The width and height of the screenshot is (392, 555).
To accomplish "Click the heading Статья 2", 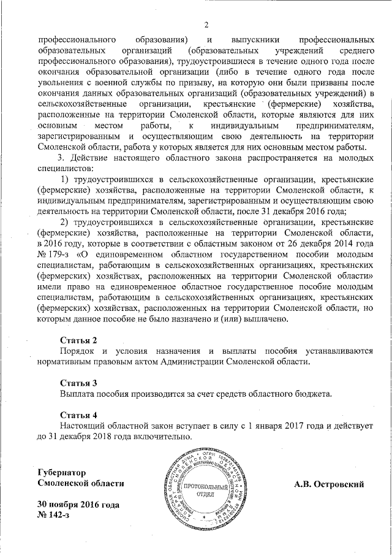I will [78, 340].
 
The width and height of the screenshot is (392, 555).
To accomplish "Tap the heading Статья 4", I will [78, 414].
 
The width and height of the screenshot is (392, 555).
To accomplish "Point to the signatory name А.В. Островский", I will [329, 484].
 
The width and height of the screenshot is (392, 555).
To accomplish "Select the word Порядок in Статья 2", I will [77, 351].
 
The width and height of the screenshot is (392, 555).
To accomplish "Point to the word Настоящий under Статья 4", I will [86, 425].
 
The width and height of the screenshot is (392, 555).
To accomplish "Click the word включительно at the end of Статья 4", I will [165, 436].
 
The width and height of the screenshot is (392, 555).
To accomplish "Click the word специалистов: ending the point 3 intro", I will [65, 167].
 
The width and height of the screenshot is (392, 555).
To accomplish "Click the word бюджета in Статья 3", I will [311, 393].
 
